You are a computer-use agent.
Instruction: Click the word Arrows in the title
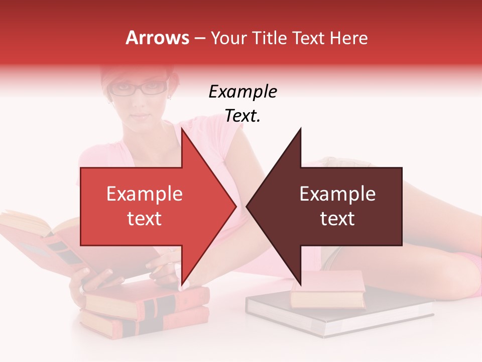[158, 38]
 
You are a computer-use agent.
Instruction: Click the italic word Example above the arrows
[243, 92]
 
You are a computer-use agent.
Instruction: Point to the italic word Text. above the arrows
[243, 116]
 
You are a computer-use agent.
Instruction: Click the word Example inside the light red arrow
[145, 194]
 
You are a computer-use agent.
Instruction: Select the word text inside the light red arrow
[145, 219]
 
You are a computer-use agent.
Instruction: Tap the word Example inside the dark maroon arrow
[337, 194]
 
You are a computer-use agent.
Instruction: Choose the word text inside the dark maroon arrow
[337, 219]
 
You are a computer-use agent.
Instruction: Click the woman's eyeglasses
[139, 89]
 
